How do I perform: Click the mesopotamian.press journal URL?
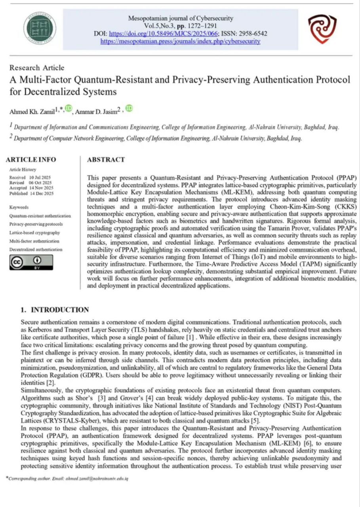[180, 41]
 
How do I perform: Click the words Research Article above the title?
[37, 68]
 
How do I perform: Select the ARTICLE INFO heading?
[31, 160]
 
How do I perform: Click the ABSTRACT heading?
[106, 160]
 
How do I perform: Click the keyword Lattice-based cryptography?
[34, 233]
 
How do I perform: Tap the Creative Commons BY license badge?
[31, 262]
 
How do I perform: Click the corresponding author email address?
[101, 478]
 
